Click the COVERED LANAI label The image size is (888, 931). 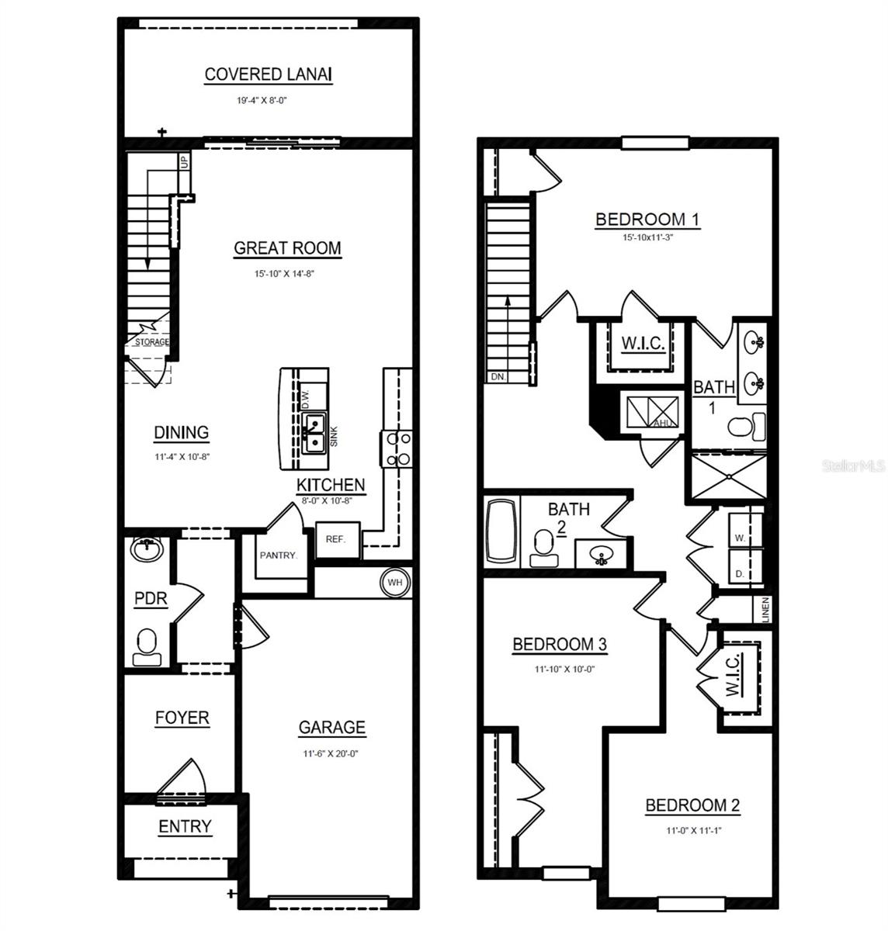coord(268,74)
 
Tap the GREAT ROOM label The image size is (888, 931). coord(287,248)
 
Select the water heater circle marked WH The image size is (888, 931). coord(395,583)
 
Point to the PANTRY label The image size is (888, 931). coord(278,555)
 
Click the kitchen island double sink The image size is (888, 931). coord(314,433)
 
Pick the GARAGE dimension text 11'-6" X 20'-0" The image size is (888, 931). coord(332,753)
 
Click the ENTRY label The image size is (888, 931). coord(185,827)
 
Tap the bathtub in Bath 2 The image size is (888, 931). coord(501,532)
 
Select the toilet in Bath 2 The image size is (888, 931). coord(543,550)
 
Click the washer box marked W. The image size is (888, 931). coord(741,537)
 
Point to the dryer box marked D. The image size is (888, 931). coord(741,574)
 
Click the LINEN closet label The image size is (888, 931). coord(765,609)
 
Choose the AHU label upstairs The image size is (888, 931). coord(662,423)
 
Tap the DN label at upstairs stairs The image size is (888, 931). coord(498,376)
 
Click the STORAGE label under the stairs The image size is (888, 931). coord(152,342)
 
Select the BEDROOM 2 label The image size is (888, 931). coord(692,806)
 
